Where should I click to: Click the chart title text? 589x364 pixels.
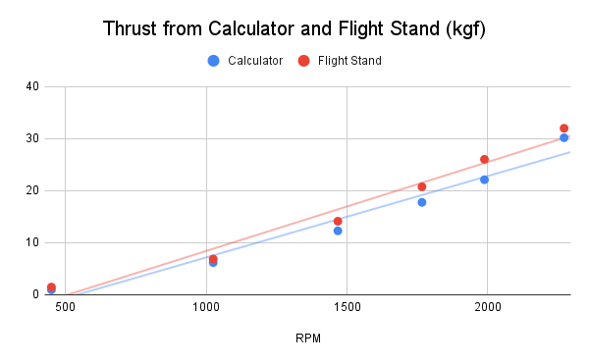point(294,29)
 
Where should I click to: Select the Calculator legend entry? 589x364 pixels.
point(246,61)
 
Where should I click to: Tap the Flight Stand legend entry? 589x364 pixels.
point(340,61)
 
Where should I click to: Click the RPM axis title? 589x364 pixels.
point(308,338)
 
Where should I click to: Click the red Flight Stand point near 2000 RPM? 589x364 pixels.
point(484,159)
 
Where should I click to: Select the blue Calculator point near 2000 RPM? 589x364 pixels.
point(484,180)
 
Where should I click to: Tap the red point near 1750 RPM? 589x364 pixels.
point(422,186)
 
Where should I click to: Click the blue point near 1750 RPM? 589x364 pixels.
point(422,202)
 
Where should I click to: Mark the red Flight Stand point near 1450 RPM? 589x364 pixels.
point(338,221)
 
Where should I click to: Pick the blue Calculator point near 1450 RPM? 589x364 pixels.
point(338,231)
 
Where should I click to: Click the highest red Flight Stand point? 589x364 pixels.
point(563,129)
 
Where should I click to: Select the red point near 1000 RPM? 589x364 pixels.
point(213,259)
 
